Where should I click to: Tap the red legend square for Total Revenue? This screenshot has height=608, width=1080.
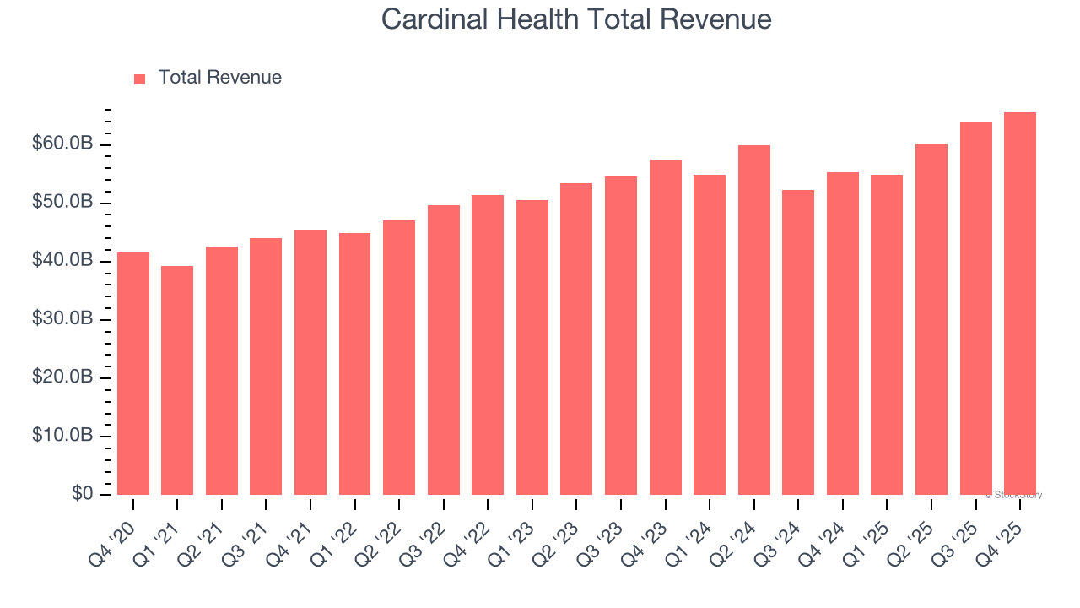[x=140, y=79]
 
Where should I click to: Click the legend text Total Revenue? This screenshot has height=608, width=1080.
[x=219, y=78]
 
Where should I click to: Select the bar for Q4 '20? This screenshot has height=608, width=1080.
[x=133, y=373]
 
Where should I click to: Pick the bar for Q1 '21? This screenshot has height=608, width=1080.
[x=177, y=380]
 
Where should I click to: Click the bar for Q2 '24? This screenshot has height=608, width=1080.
[x=753, y=320]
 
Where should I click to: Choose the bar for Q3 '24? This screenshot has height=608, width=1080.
[x=798, y=342]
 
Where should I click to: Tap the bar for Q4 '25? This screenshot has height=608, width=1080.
[x=1019, y=303]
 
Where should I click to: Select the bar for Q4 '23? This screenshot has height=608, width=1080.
[x=665, y=327]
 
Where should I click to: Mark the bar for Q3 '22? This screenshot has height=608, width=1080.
[x=444, y=350]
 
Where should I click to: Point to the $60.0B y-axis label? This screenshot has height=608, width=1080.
[x=62, y=144]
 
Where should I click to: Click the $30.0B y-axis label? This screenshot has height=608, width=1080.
[x=62, y=319]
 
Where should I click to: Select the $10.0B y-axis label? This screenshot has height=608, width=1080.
[x=62, y=436]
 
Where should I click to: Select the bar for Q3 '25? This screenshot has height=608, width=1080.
[x=975, y=308]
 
